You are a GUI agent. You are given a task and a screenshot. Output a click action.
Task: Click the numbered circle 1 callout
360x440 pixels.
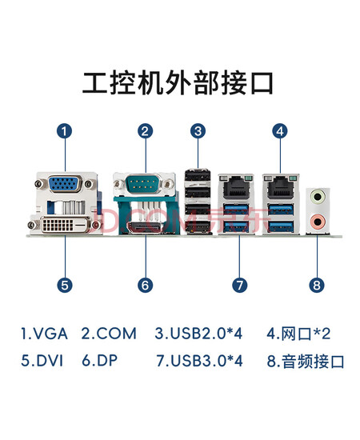point(65,131)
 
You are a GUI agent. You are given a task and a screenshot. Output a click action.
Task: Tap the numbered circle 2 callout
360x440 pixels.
point(146,131)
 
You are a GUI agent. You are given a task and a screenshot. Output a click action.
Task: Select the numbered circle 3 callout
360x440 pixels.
point(198,131)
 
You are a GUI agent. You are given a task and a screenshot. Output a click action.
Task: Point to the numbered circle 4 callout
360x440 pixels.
point(280,131)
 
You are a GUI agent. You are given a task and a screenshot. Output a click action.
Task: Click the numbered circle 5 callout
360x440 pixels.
point(65,285)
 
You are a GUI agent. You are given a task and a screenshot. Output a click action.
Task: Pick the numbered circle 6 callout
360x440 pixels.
point(146,285)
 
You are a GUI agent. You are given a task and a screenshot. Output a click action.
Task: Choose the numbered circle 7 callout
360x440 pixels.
point(240,285)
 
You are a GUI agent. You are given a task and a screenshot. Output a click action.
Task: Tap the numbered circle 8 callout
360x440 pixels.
point(317,285)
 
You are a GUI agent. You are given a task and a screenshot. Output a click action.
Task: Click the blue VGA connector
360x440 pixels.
point(65,184)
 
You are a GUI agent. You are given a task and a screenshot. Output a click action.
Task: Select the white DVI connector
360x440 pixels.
point(66,225)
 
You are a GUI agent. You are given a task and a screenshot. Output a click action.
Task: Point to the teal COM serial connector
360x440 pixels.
point(145,183)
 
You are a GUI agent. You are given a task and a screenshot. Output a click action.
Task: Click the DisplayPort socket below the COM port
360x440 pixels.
point(145,227)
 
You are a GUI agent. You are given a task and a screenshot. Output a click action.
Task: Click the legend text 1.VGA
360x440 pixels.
point(44,334)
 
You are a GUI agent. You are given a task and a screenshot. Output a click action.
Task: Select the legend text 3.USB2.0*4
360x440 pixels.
point(198,334)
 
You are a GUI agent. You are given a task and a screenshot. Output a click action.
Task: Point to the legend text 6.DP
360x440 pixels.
point(100,360)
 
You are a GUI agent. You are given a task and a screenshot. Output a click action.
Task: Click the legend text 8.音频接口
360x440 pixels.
point(306,361)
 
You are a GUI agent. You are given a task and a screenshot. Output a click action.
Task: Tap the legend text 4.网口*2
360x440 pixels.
point(298,334)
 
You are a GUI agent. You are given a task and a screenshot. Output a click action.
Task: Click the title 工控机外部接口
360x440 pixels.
point(178,82)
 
